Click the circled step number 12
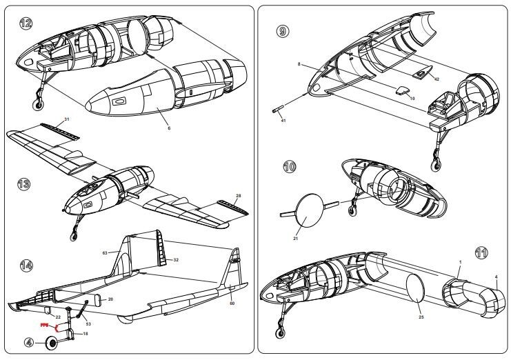(26, 24)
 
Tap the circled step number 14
(26, 265)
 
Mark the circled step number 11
(481, 252)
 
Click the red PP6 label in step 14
(43, 323)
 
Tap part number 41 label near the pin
(283, 120)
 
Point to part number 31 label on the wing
(67, 119)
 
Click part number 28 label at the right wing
(239, 195)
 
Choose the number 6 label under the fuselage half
(168, 128)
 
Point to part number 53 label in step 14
(88, 323)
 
